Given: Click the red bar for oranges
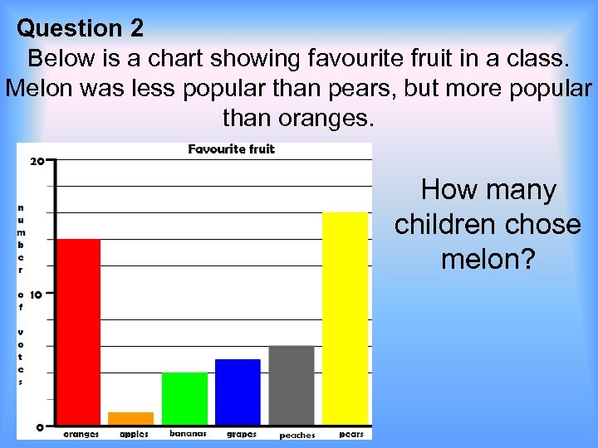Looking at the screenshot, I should click(78, 332).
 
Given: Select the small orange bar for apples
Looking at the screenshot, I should click(130, 418).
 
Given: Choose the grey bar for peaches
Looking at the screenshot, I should click(292, 385).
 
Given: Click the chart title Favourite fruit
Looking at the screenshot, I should click(231, 149).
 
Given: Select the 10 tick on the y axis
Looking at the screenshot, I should click(37, 295).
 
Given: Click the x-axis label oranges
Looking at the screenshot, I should click(81, 434).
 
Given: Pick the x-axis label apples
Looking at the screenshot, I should click(134, 434).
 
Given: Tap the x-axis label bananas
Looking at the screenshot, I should click(188, 433).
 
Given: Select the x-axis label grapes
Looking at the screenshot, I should click(242, 434).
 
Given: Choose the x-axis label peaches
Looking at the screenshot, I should click(297, 435).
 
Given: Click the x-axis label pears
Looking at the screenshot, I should click(351, 434).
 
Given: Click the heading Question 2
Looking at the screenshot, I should click(81, 28).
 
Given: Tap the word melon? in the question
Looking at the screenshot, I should click(488, 259).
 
